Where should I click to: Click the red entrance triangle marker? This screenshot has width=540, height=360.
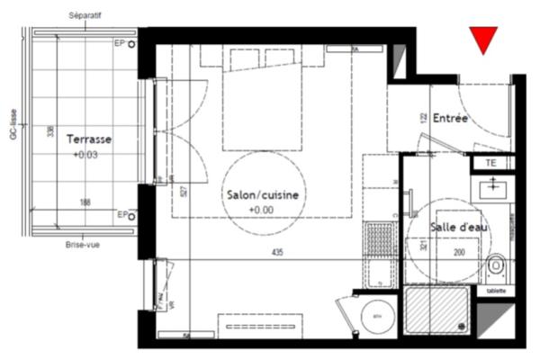pos(484,39)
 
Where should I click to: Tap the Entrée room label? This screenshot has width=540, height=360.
pos(450,118)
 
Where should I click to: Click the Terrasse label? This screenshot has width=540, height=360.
pos(89,139)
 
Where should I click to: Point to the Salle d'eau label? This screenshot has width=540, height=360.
pos(459,228)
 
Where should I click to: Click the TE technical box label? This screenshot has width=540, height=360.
pos(490,163)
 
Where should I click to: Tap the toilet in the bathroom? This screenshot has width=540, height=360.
pos(496,266)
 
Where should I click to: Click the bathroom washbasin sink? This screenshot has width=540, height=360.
pos(495,189)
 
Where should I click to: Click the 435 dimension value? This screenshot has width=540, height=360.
pos(276,253)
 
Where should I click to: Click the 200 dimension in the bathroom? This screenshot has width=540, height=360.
pos(459,253)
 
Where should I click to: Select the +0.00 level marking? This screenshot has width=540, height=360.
pos(260,211)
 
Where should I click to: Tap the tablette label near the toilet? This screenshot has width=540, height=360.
pos(496,291)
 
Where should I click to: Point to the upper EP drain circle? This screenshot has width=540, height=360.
pos(132,43)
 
